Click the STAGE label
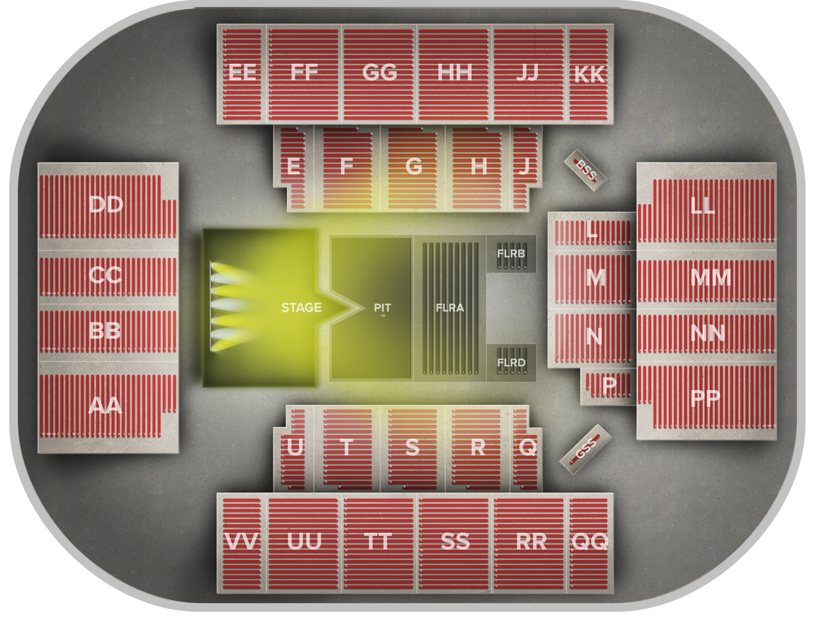click(x=301, y=307)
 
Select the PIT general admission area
click(x=382, y=307)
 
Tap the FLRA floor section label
click(x=449, y=307)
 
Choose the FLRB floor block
click(x=511, y=253)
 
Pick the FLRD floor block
click(x=511, y=363)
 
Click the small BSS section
click(x=585, y=167)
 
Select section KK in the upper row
click(x=589, y=75)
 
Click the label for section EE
click(x=243, y=72)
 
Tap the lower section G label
click(x=413, y=167)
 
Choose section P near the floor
click(x=609, y=386)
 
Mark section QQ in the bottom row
click(x=589, y=541)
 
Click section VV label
click(x=242, y=542)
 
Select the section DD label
click(x=105, y=205)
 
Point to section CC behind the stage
click(x=105, y=275)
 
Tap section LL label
click(x=705, y=206)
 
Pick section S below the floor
click(x=413, y=448)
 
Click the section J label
click(x=524, y=167)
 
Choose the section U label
click(x=295, y=448)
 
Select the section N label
click(x=594, y=336)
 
